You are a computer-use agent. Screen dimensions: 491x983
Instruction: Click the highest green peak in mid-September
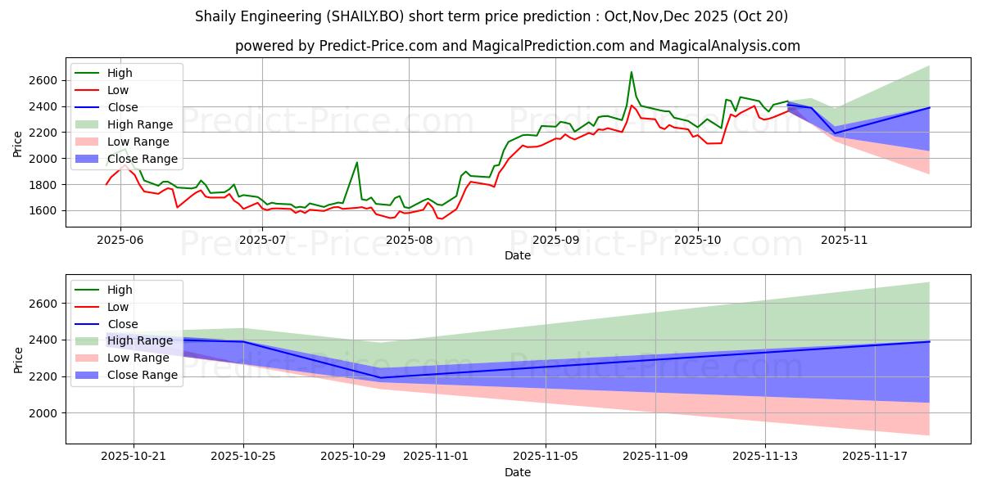point(631,72)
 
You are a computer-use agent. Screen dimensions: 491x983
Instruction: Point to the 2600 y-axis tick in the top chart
point(41,80)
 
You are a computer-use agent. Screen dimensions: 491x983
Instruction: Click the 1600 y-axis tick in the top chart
point(41,210)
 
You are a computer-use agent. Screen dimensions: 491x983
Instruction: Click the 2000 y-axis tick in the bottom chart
point(41,413)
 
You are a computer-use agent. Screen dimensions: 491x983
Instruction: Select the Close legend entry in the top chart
point(123,107)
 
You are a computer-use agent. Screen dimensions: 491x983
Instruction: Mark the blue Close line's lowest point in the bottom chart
point(380,377)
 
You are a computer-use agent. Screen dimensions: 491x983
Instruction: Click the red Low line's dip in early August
point(441,218)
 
